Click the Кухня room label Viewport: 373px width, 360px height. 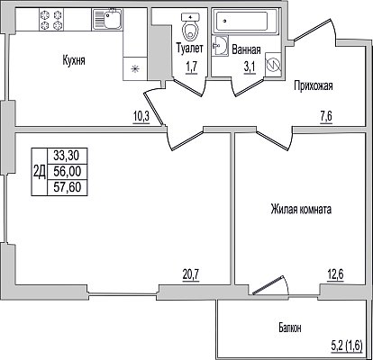[x=74, y=60]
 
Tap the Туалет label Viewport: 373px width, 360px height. [x=190, y=48]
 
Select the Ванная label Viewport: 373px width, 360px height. [x=246, y=49]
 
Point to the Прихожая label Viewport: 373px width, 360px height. [x=314, y=85]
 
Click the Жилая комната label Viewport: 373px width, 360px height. [x=301, y=209]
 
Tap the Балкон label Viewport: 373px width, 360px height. [x=289, y=328]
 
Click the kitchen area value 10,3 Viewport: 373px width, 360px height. [x=141, y=115]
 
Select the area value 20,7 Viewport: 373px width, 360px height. [x=191, y=274]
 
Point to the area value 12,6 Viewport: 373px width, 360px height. [x=335, y=274]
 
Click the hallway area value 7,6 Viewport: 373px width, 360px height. [x=326, y=116]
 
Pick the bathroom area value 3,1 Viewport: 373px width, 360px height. [x=250, y=67]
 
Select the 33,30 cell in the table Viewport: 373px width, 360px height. [x=66, y=156]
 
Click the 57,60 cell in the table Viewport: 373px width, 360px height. [x=68, y=187]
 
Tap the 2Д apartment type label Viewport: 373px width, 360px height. [x=40, y=172]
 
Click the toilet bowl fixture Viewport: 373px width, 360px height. [x=190, y=28]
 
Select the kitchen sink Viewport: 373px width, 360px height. [x=107, y=20]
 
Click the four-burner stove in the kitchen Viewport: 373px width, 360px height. [x=51, y=20]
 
